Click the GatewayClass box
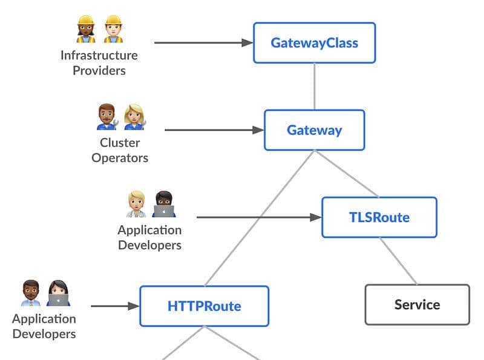click(314, 43)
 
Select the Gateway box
click(314, 130)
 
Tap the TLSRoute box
click(379, 217)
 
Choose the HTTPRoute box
click(204, 306)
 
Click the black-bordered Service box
click(417, 304)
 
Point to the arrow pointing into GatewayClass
click(203, 43)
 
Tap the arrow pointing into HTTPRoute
click(115, 306)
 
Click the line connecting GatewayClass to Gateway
click(314, 86)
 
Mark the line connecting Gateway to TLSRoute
click(346, 174)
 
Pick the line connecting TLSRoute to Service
click(398, 261)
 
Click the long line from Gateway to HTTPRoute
click(260, 218)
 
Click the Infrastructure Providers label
click(99, 63)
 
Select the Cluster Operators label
click(120, 150)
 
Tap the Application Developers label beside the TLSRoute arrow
click(149, 237)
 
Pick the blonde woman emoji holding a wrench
click(134, 117)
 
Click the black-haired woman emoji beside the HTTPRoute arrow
click(58, 293)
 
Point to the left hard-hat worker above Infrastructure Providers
click(86, 29)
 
